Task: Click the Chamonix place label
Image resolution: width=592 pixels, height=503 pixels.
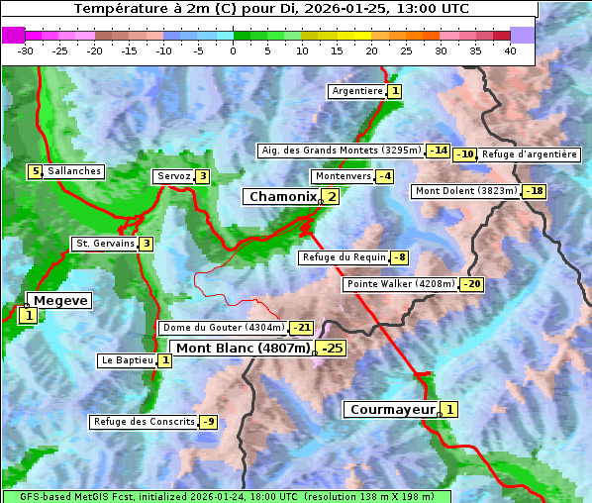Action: pyautogui.click(x=282, y=197)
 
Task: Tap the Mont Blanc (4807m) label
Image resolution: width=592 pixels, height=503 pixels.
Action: pyautogui.click(x=243, y=349)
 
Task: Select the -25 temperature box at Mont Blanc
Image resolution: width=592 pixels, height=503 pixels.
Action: pyautogui.click(x=332, y=349)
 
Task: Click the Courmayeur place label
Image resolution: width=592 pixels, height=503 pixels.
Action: pyautogui.click(x=393, y=410)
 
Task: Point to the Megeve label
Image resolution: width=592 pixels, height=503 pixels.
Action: pyautogui.click(x=60, y=301)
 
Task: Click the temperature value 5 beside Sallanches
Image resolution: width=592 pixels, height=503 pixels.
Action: pyautogui.click(x=36, y=171)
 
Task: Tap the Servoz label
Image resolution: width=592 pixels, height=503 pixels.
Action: pyautogui.click(x=173, y=176)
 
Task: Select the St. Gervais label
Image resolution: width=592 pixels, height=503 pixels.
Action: pyautogui.click(x=104, y=244)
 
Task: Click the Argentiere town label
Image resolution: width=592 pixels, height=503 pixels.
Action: pyautogui.click(x=357, y=91)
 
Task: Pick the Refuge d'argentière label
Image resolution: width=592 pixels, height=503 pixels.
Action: pyautogui.click(x=530, y=154)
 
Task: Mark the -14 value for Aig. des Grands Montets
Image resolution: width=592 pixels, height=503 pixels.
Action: pyautogui.click(x=439, y=151)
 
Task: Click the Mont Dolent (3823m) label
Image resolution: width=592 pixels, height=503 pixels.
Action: pyautogui.click(x=466, y=191)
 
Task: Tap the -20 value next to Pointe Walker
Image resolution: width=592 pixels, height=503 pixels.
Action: pyautogui.click(x=472, y=284)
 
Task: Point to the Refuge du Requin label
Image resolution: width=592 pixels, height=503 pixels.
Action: pyautogui.click(x=343, y=257)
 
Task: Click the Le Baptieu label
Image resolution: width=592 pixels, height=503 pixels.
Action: pyautogui.click(x=127, y=360)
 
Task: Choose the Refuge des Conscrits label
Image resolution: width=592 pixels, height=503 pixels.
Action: pyautogui.click(x=144, y=422)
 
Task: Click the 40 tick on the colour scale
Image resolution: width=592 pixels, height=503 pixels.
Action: pyautogui.click(x=511, y=50)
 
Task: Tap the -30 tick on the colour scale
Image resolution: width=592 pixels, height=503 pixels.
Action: pyautogui.click(x=26, y=50)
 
